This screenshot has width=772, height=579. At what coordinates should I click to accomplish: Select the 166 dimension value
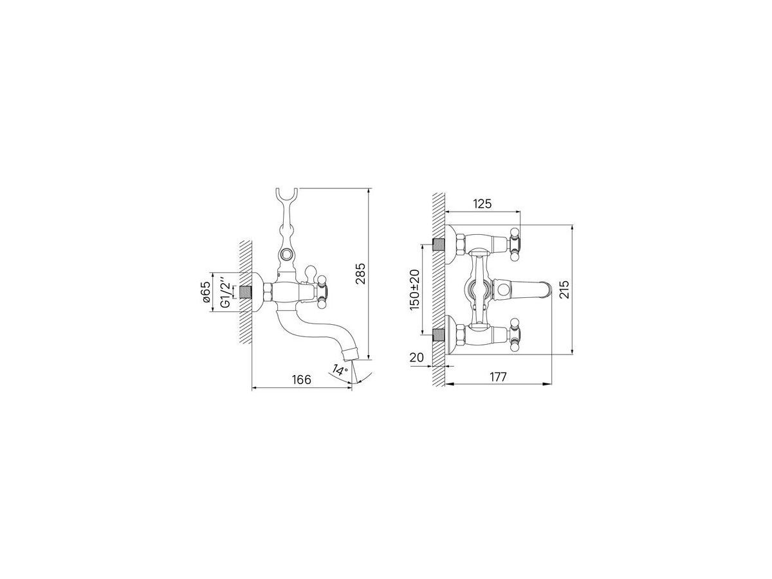pos(302,380)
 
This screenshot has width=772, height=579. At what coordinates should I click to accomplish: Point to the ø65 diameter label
pos(206,292)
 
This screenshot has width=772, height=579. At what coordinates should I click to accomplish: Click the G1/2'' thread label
pos(227,291)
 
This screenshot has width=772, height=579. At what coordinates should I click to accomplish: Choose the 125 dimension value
pos(482,203)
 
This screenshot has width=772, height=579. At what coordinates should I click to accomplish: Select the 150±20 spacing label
pos(414,289)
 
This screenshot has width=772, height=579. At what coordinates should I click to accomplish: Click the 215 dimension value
pos(564,289)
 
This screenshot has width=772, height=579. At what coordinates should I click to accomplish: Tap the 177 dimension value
pos(498,377)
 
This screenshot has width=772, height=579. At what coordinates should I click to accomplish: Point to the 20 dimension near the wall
pos(416,358)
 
